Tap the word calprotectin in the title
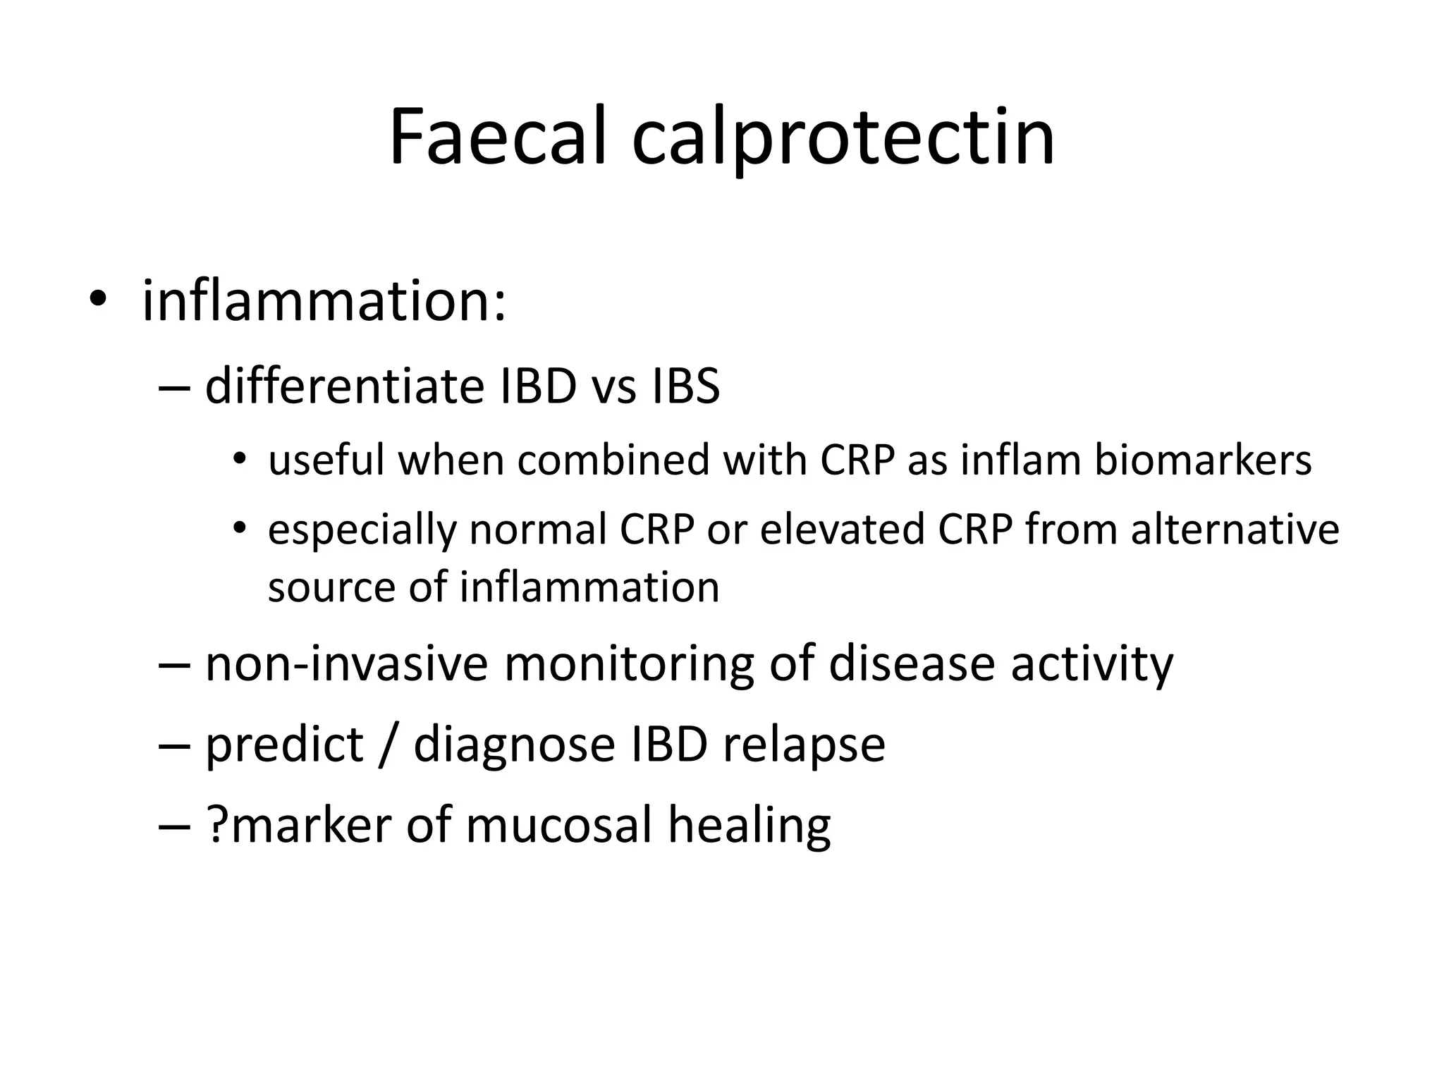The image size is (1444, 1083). (843, 138)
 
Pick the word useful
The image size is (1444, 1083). (326, 460)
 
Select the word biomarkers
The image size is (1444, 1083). (1203, 460)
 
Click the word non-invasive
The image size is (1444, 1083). (346, 663)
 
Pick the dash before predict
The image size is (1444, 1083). (175, 746)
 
